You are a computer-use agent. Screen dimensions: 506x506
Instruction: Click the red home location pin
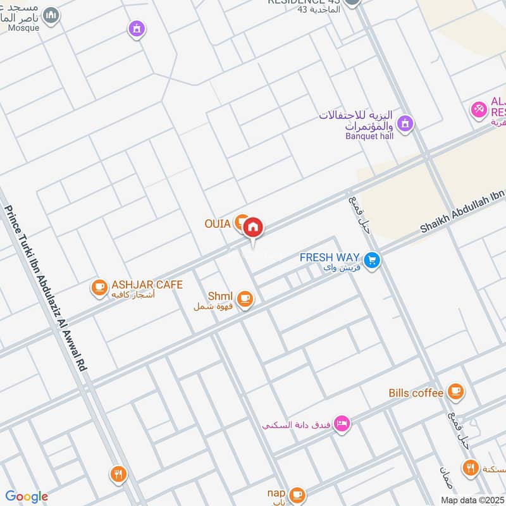(253, 226)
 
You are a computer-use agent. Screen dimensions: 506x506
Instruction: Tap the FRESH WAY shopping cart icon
(372, 259)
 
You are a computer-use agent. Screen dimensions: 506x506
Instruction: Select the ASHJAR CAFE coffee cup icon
(99, 288)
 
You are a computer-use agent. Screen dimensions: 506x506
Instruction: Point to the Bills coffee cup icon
(455, 392)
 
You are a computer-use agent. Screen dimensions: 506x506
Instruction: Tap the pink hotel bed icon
(342, 424)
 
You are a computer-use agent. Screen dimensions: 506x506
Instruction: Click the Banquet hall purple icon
(405, 123)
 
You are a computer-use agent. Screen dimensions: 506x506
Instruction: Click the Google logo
(27, 497)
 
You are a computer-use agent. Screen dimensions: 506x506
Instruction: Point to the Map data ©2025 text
(472, 500)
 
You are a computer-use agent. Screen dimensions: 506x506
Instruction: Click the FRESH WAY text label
(330, 258)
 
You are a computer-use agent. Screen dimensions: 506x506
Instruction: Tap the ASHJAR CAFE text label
(147, 285)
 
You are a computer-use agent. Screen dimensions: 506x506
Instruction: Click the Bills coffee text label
(416, 393)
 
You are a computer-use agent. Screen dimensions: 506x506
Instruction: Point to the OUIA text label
(216, 223)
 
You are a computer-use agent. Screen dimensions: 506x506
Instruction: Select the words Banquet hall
(369, 135)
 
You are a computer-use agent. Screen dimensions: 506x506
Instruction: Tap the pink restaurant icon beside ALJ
(479, 109)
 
